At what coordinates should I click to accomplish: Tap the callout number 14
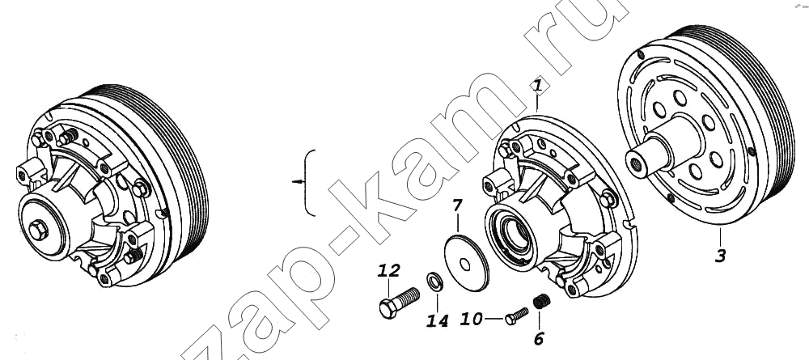click(437, 321)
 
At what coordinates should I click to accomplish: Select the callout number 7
click(458, 205)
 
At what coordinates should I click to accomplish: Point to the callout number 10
click(471, 319)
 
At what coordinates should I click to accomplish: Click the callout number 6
click(539, 338)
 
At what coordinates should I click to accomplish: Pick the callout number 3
click(720, 255)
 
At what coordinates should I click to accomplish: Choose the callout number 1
click(538, 86)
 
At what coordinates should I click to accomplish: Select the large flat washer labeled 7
click(467, 262)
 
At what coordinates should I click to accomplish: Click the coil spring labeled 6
click(541, 301)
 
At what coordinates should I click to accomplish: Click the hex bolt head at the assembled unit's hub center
click(39, 230)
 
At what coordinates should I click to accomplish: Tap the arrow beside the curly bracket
click(298, 181)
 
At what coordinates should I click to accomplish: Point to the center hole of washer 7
click(465, 265)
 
